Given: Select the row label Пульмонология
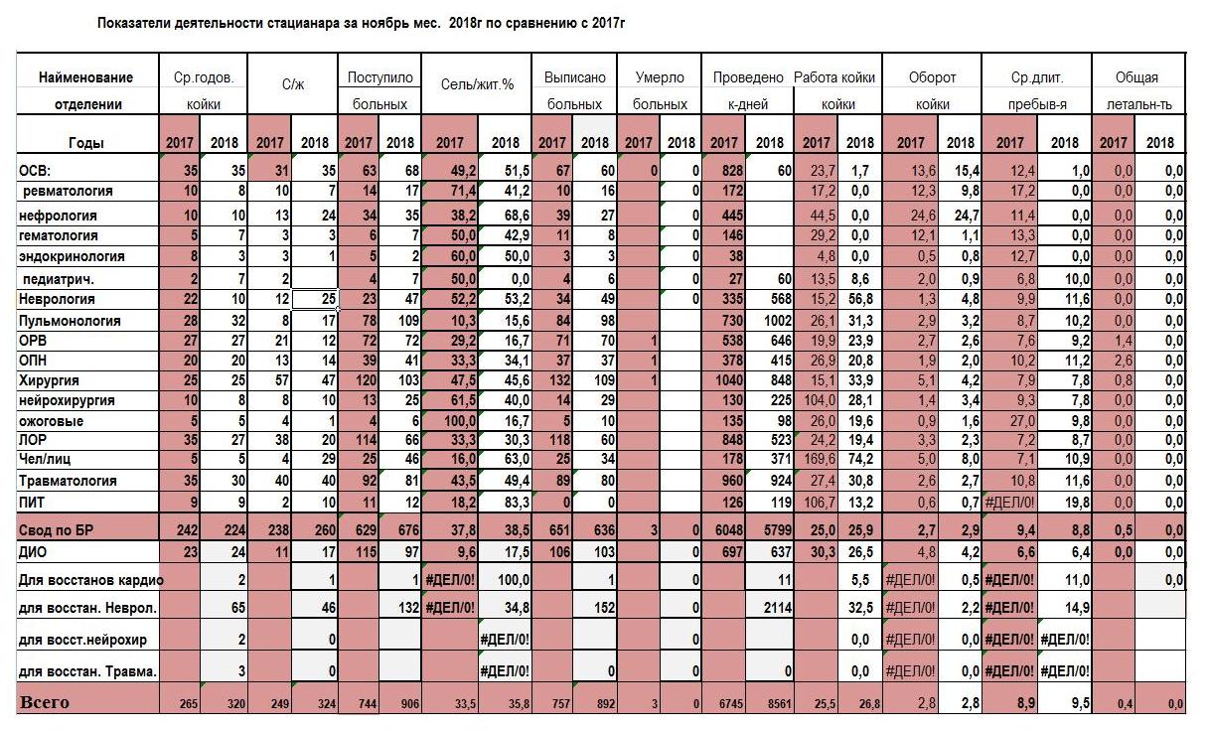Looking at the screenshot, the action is [x=70, y=321].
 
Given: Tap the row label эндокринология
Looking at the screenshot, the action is [x=72, y=256].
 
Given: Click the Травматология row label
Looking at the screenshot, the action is [x=68, y=481].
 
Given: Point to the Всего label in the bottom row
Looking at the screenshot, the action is [x=45, y=702].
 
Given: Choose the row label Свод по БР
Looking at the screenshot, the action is [x=57, y=530].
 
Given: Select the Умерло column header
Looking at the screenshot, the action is [x=660, y=77].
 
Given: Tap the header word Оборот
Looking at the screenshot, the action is [x=932, y=77].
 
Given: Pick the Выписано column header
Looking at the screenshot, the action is [x=574, y=77].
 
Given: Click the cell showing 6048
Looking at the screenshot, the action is [x=729, y=530].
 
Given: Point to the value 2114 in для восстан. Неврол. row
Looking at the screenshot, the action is [x=778, y=608].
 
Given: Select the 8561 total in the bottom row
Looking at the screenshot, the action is [x=779, y=703].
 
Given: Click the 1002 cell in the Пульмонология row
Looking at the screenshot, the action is [x=778, y=321].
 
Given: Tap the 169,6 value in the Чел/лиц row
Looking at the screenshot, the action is [x=820, y=459].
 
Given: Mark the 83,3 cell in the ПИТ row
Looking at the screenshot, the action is [x=517, y=503].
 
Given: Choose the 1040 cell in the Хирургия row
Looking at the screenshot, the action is [x=729, y=380].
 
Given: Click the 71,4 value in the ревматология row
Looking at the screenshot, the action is [x=463, y=191].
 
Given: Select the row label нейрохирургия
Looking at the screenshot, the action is [x=67, y=400].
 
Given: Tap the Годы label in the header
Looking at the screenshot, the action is [x=86, y=143].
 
